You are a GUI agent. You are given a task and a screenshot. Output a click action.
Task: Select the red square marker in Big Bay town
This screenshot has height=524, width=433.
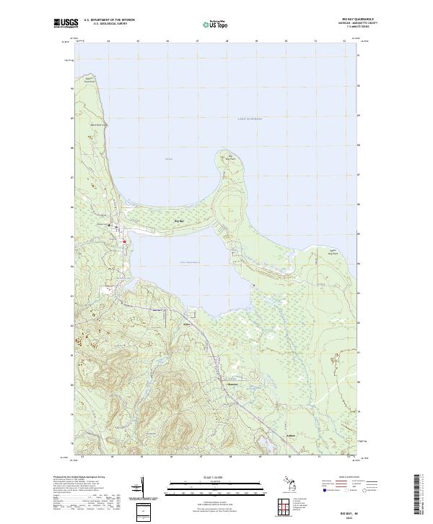click(123, 241)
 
